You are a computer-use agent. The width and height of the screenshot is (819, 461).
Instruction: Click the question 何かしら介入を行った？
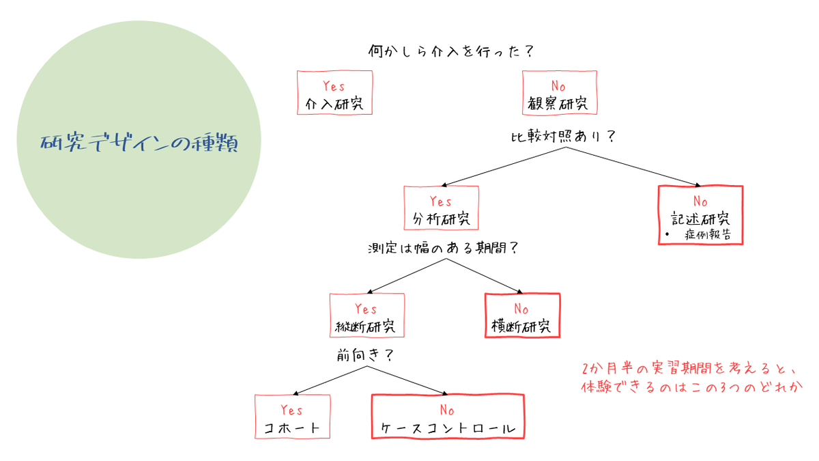click(450, 51)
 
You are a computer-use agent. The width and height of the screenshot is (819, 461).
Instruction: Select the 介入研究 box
click(334, 94)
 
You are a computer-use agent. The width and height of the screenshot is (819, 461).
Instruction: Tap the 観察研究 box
click(558, 94)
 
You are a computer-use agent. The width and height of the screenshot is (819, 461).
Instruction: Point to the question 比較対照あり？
click(564, 136)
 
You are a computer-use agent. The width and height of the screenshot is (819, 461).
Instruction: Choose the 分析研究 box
click(441, 208)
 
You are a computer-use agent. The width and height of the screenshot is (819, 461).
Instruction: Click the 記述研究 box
click(700, 215)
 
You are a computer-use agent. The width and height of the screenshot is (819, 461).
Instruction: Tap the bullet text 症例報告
click(706, 234)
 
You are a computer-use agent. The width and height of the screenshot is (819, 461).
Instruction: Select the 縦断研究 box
click(367, 316)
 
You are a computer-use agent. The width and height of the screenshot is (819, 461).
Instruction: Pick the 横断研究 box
click(521, 316)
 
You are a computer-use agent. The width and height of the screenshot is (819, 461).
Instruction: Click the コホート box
click(291, 417)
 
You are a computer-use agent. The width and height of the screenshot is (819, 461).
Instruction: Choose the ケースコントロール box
click(447, 417)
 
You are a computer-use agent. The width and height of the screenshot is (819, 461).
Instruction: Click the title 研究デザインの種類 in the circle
click(140, 143)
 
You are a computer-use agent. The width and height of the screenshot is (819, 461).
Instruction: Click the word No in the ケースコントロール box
click(447, 410)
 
